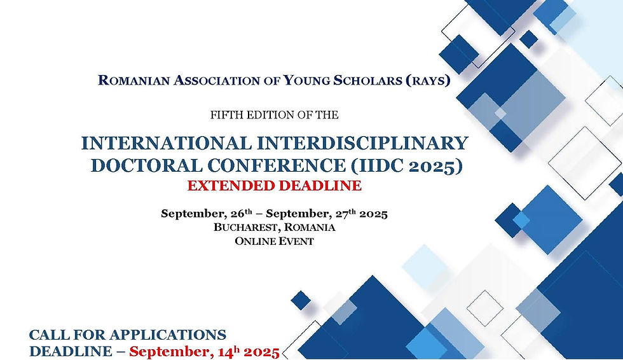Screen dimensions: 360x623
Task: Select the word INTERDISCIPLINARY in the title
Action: pyautogui.click(x=365, y=142)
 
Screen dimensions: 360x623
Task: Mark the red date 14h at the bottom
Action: pyautogui.click(x=228, y=351)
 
